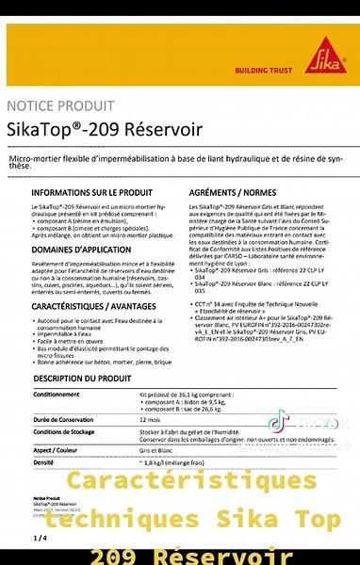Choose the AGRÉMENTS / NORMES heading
point(223,191)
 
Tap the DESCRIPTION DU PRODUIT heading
point(82,378)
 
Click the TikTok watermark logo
point(279,423)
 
